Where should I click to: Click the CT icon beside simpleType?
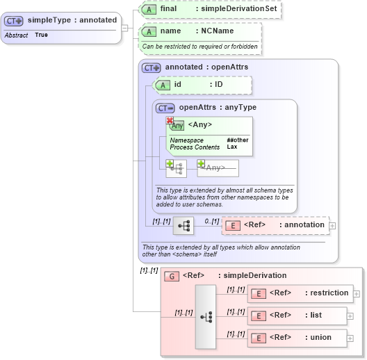coord(15,21)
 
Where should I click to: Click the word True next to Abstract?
coord(41,35)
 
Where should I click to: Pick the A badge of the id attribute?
coord(162,85)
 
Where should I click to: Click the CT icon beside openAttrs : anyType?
coord(165,108)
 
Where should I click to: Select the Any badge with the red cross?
coord(177,125)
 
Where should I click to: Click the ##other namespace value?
coord(237,140)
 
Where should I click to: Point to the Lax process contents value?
coord(231,147)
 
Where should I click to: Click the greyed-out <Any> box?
coord(218,167)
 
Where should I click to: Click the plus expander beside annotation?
coord(332,225)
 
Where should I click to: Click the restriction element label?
coord(329,293)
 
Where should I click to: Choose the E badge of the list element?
coord(258,316)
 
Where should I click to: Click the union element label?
coord(320,338)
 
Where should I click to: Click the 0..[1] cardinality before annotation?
coord(211,220)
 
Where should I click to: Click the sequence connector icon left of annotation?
coord(184,226)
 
